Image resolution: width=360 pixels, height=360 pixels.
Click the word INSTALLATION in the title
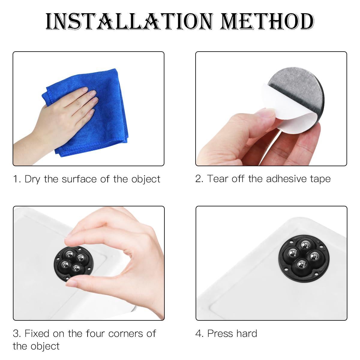tap(129, 22)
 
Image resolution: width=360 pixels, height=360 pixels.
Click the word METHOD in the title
tap(267, 22)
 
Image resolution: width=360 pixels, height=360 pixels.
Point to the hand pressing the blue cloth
tap(56, 121)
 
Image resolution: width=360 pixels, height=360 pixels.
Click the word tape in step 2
tap(320, 179)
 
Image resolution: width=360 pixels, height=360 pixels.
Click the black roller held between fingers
tap(73, 264)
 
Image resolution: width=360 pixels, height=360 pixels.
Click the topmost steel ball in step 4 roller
tap(305, 245)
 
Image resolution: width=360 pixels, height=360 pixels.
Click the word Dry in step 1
tap(32, 179)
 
